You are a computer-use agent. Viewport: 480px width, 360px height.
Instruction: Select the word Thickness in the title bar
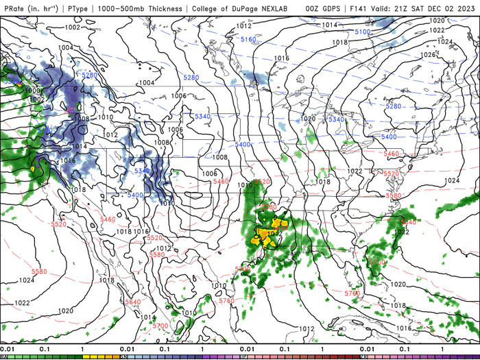click(162, 9)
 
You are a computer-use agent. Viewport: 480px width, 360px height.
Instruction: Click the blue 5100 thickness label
click(363, 32)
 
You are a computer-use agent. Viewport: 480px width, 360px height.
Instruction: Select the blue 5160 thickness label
click(248, 40)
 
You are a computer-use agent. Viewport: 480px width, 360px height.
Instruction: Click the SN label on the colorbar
click(124, 357)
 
